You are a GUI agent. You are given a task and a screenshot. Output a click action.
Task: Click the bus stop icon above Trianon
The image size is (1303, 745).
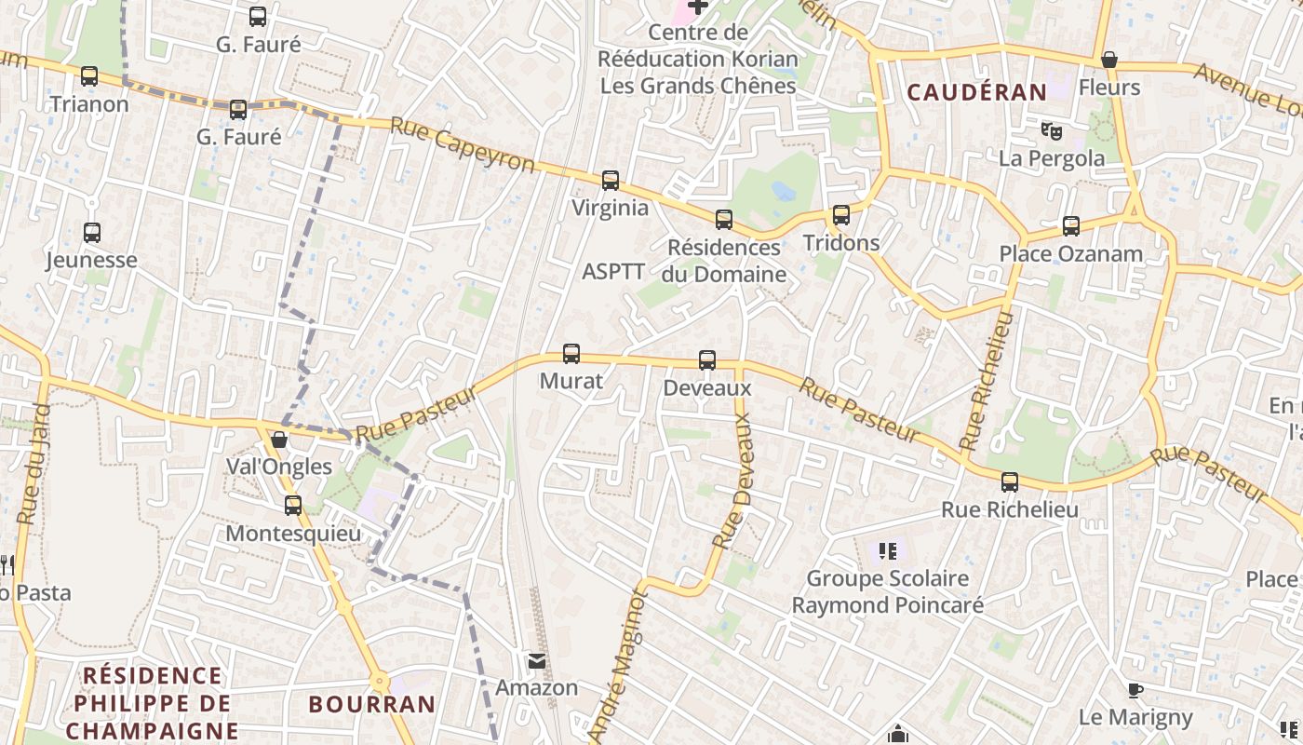[89, 76]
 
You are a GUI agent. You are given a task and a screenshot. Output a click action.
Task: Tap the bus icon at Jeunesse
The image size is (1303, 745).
[92, 233]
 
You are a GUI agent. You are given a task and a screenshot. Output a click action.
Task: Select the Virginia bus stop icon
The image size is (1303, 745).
[611, 181]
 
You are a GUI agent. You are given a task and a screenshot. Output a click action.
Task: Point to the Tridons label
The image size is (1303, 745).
[840, 243]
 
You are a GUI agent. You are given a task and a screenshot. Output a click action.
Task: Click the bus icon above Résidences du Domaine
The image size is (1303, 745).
[724, 220]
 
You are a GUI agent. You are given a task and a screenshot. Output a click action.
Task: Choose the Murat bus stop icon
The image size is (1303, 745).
[571, 354]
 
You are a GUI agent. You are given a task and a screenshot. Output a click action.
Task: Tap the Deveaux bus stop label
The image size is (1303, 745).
[706, 387]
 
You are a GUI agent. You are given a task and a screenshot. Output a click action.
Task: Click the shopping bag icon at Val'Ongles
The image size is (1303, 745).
[278, 440]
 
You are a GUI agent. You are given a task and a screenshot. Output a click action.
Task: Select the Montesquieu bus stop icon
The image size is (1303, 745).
[293, 506]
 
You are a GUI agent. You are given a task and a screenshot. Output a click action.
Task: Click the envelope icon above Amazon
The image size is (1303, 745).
[537, 661]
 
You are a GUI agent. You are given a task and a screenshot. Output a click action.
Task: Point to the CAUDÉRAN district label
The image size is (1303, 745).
[976, 92]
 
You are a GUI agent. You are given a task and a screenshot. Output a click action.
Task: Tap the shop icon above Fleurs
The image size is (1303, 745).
[1108, 61]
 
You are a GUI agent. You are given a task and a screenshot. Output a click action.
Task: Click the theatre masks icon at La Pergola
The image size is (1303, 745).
[1052, 130]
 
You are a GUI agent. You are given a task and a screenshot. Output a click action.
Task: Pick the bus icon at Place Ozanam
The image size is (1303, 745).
[1071, 226]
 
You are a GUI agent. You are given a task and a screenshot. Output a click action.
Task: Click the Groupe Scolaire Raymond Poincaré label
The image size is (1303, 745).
[887, 591]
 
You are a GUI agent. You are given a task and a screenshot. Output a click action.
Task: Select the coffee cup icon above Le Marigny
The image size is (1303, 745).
[1135, 690]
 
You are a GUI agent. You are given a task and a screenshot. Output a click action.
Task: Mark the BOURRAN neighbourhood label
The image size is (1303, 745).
[371, 704]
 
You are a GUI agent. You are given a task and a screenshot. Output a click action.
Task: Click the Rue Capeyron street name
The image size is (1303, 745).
[463, 145]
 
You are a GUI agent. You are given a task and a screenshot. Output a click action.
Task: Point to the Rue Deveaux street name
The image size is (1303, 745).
[732, 480]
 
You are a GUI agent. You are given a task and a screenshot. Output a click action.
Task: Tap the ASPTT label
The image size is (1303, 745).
[612, 272]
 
